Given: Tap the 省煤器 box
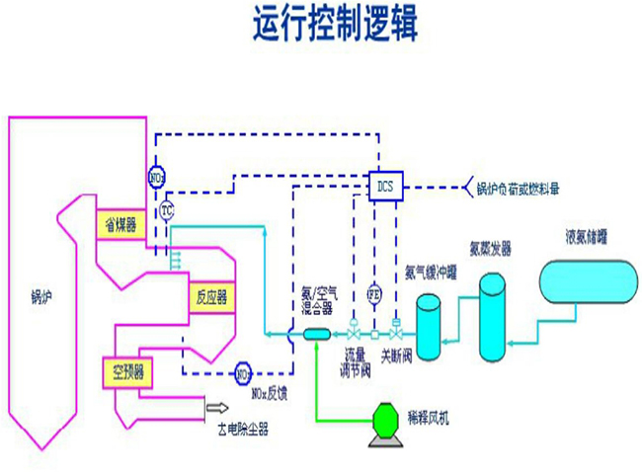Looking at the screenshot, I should (x=120, y=225).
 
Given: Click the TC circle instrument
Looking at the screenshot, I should (x=167, y=209).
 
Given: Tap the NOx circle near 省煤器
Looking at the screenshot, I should (x=156, y=178).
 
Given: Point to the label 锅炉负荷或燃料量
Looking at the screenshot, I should (x=522, y=188).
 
